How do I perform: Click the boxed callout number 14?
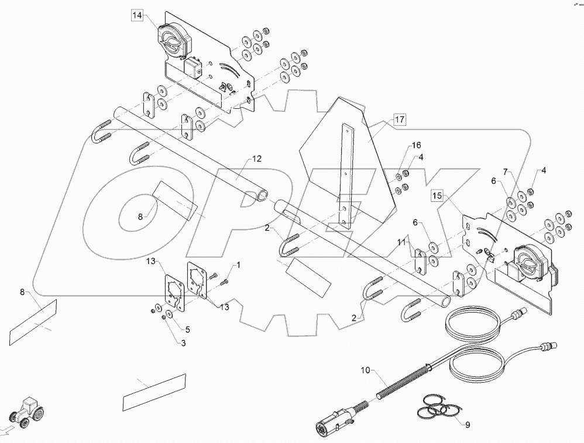(x=136, y=16)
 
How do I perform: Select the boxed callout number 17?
(x=399, y=120)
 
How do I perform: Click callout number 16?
(x=416, y=145)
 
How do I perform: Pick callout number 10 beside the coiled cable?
(x=365, y=370)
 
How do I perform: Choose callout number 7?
(x=507, y=174)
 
